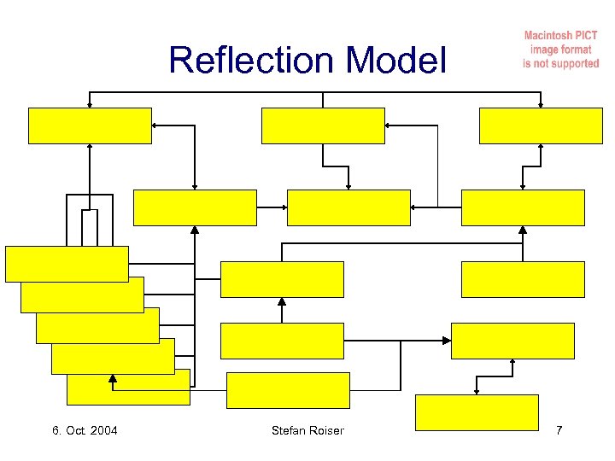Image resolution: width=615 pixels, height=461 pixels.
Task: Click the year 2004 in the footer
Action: (x=102, y=430)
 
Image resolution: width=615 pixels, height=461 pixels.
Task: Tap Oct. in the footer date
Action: (x=77, y=430)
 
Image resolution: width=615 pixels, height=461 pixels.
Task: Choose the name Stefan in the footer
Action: (x=288, y=430)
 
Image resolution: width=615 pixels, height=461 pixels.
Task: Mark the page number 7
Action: (x=559, y=430)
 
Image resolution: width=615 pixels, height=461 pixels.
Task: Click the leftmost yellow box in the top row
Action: (x=90, y=125)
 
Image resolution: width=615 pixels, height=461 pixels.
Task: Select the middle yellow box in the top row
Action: (x=323, y=125)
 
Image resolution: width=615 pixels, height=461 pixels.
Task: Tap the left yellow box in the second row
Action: (x=195, y=207)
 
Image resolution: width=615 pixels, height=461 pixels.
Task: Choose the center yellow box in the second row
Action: (x=348, y=207)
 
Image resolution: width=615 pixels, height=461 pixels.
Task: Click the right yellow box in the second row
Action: (x=523, y=207)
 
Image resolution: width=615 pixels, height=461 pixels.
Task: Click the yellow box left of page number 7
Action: (x=477, y=411)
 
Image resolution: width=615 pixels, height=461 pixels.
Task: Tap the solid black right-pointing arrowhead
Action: (x=446, y=341)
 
